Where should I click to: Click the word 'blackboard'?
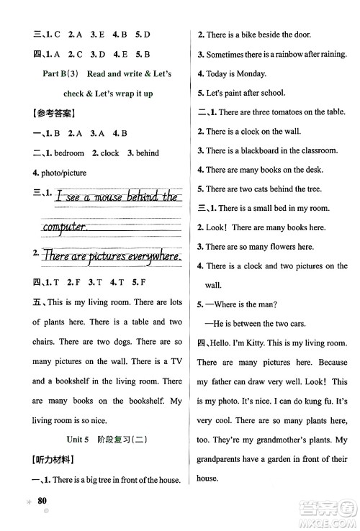click(x=267, y=150)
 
